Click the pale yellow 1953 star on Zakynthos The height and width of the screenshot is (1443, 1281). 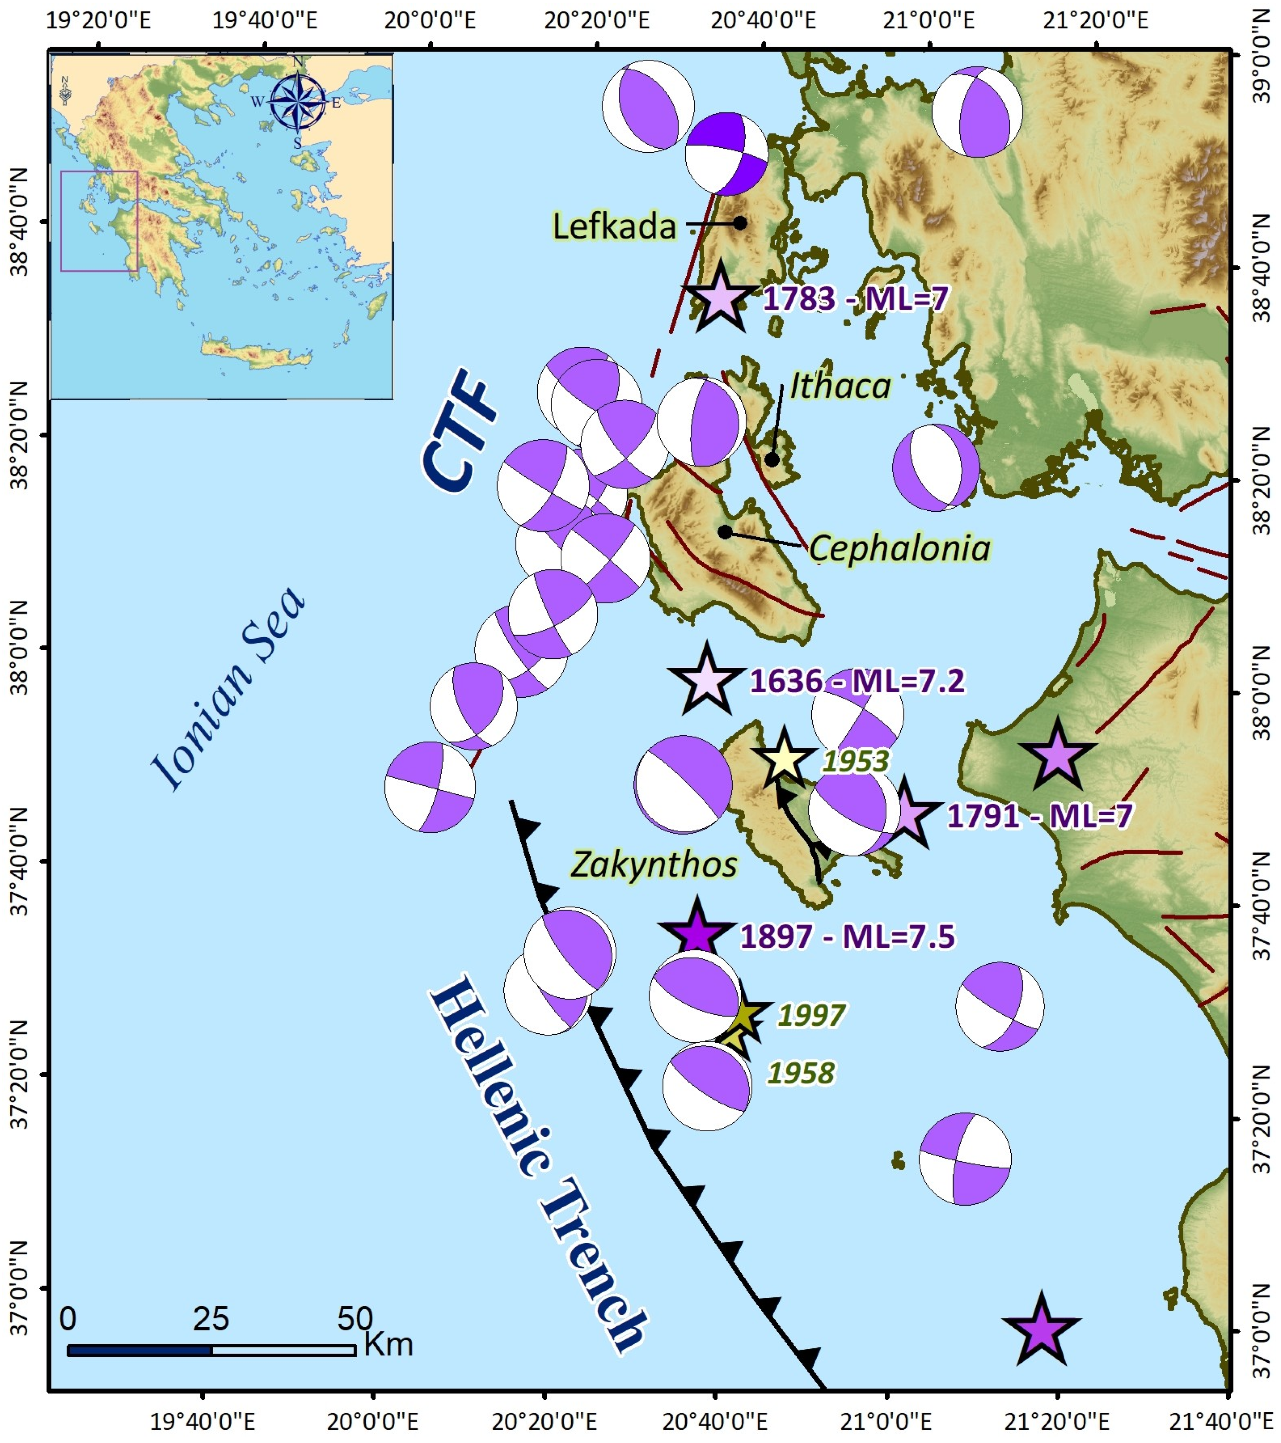[783, 759]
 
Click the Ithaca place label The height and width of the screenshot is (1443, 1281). [840, 386]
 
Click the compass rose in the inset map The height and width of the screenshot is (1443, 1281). [298, 102]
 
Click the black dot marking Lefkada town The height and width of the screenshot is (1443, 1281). [740, 223]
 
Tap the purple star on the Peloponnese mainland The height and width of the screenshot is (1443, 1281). [1056, 756]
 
